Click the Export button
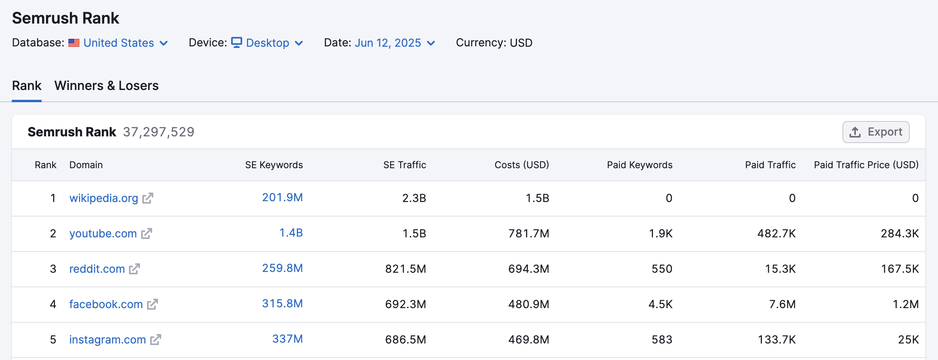(x=875, y=132)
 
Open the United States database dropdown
(x=125, y=43)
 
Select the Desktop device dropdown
(x=267, y=43)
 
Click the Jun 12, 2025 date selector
(x=394, y=43)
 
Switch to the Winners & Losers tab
(x=106, y=86)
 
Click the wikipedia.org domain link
(x=103, y=198)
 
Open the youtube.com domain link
(x=103, y=233)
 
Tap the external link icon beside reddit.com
(x=134, y=269)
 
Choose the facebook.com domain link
(x=106, y=304)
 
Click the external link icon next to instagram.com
(x=156, y=340)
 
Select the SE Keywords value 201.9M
(x=282, y=197)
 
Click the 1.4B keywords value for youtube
(x=291, y=233)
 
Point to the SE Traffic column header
(x=405, y=165)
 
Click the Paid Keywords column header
(x=639, y=165)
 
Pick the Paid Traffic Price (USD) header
(x=866, y=165)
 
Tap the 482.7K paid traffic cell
(x=776, y=233)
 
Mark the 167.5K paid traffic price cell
(x=899, y=269)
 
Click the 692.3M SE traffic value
(x=405, y=304)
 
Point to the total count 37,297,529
(x=158, y=132)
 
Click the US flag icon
(x=74, y=43)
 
